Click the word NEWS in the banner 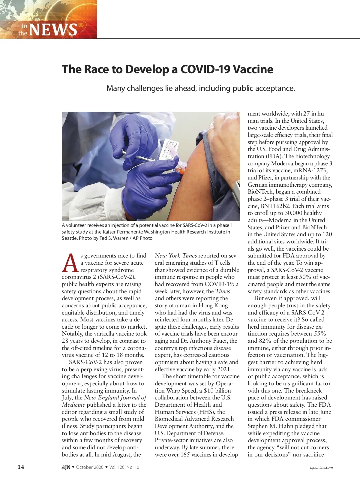pyautogui.click(x=53, y=29)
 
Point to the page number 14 pyautogui.click(x=21, y=467)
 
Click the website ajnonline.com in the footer pyautogui.click(x=321, y=467)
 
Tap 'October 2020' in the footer pyautogui.click(x=90, y=467)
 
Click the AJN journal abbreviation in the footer pyautogui.click(x=66, y=467)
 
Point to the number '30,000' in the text pyautogui.click(x=296, y=213)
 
